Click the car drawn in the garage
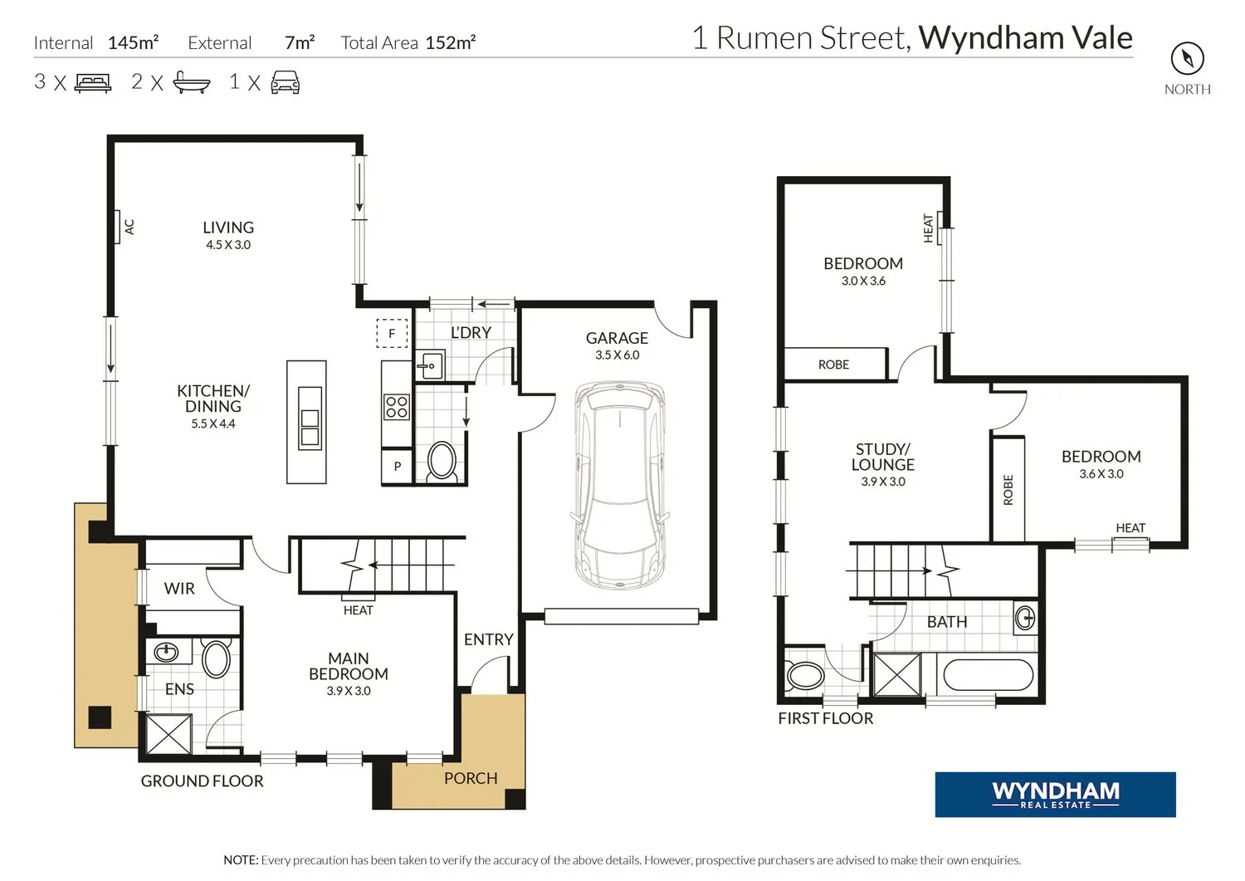point(619,485)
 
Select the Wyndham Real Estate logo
point(1055,795)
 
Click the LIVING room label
point(228,228)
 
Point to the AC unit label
point(129,227)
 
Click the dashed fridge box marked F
point(392,334)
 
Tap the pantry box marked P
point(397,466)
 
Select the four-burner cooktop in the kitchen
point(396,407)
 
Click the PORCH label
point(471,778)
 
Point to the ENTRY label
point(489,639)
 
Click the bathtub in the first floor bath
point(988,675)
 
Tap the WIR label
point(179,589)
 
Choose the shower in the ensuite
point(168,734)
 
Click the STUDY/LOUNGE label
point(882,457)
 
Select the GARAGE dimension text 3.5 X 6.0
point(617,355)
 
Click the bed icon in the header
point(93,83)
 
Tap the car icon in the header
point(286,82)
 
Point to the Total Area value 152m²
point(450,42)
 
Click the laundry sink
point(430,365)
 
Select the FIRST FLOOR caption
point(825,718)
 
